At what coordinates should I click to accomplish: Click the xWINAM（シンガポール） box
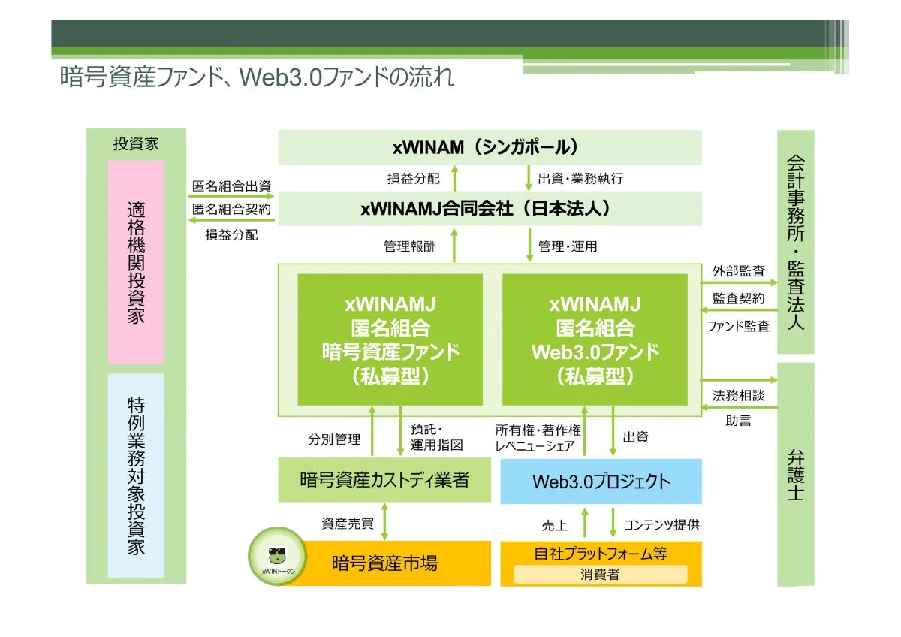490,147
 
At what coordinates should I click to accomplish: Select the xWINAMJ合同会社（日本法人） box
490,208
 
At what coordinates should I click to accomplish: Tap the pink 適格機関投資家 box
136,262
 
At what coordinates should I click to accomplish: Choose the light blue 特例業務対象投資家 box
136,475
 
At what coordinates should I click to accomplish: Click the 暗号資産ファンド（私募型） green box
390,340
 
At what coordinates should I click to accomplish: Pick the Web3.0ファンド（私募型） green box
595,340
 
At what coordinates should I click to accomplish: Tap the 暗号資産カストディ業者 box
384,480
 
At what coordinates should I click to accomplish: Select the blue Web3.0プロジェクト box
601,482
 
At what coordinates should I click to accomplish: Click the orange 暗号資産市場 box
384,563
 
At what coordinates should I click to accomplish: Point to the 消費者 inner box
600,575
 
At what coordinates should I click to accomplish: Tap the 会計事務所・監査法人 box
795,242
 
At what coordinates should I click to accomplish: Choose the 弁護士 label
795,475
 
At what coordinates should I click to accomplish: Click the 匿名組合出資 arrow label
231,186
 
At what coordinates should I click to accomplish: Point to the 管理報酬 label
409,246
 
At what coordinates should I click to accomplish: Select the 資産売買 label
348,524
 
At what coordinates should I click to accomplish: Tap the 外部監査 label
738,271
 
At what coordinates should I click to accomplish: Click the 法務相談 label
738,395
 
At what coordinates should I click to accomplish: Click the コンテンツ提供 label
661,524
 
